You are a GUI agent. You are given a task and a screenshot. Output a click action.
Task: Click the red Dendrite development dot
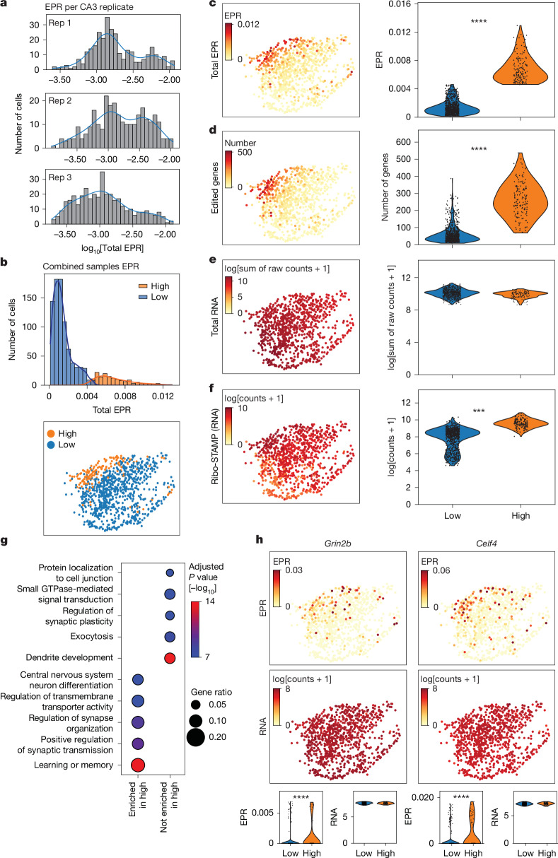(x=170, y=658)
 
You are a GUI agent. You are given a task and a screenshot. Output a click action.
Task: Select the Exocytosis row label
(x=92, y=636)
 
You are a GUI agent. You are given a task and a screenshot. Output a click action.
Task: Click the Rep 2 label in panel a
(x=60, y=101)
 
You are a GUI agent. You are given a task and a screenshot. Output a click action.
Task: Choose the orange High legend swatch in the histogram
(x=143, y=286)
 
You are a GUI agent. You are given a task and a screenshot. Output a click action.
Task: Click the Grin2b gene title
(x=337, y=543)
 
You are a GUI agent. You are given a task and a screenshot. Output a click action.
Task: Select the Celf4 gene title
(x=487, y=543)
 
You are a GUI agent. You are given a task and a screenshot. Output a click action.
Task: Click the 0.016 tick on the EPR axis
(x=400, y=4)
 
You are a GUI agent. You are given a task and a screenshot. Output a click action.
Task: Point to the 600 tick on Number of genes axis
(x=404, y=142)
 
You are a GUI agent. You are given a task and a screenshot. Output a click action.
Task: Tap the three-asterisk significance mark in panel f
(x=479, y=411)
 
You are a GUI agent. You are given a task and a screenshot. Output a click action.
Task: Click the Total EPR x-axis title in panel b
(x=112, y=410)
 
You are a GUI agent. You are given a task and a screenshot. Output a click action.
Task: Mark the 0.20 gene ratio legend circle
(x=195, y=737)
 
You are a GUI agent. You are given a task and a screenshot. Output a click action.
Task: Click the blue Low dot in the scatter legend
(x=51, y=445)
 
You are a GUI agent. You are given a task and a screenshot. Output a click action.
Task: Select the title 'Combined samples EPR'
(x=91, y=266)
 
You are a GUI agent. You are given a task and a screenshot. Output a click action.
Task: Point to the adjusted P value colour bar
(x=194, y=629)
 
